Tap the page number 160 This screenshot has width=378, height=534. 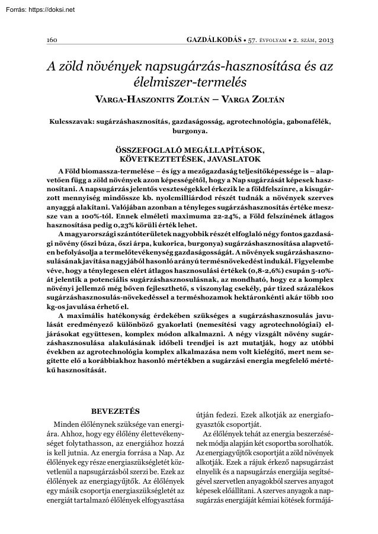coord(51,40)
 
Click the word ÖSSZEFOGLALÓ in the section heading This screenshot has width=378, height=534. coord(155,152)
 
